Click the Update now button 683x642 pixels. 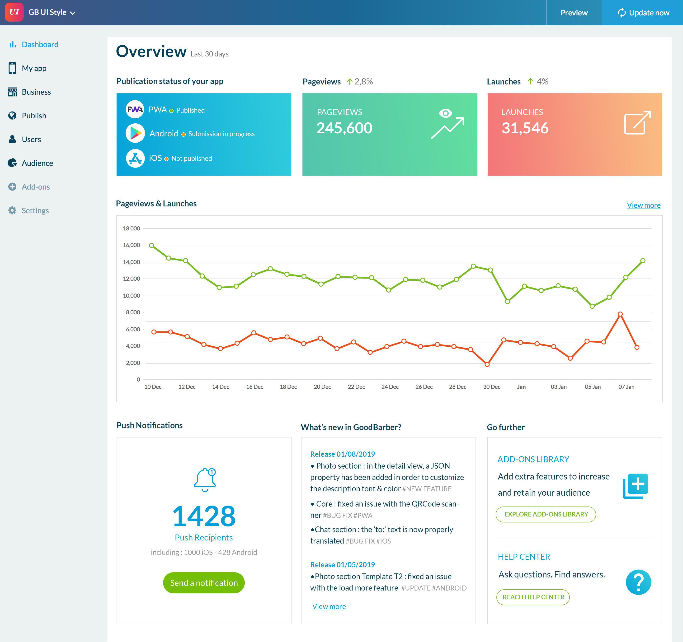[642, 13]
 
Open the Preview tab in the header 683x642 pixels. [574, 13]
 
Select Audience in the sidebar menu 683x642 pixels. [37, 163]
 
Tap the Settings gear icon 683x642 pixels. [12, 210]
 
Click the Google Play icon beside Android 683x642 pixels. [135, 133]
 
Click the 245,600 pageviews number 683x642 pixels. [344, 128]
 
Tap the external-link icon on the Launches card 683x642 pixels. [637, 123]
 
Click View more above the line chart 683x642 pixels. [644, 205]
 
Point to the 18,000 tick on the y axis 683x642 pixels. [131, 228]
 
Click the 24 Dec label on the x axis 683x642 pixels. [390, 387]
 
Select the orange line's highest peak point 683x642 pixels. [620, 314]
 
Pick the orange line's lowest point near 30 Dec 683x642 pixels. [487, 364]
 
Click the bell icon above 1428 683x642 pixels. [205, 479]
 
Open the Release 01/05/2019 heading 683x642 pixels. [342, 565]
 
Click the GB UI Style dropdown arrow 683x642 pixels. [72, 13]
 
